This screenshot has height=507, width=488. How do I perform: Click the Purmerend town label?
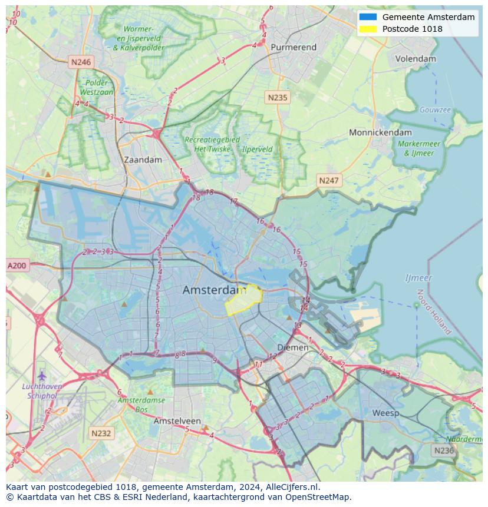pyautogui.click(x=293, y=47)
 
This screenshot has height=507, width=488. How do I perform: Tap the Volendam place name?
pyautogui.click(x=416, y=59)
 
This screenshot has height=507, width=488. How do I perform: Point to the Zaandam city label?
pyautogui.click(x=143, y=160)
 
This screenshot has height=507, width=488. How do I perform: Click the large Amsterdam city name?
pyautogui.click(x=214, y=290)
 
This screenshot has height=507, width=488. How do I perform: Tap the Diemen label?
pyautogui.click(x=293, y=347)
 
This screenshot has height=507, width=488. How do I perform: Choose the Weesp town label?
pyautogui.click(x=385, y=413)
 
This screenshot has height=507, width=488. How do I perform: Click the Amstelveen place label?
pyautogui.click(x=177, y=422)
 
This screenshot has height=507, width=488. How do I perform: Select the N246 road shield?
pyautogui.click(x=81, y=62)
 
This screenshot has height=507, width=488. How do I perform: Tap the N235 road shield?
pyautogui.click(x=277, y=98)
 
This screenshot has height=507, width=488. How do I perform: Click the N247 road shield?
pyautogui.click(x=328, y=180)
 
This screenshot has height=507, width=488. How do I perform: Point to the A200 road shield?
pyautogui.click(x=17, y=266)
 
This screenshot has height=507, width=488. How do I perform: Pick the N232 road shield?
pyautogui.click(x=101, y=433)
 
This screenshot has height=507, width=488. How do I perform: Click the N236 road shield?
pyautogui.click(x=443, y=450)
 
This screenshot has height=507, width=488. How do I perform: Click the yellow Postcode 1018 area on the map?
pyautogui.click(x=243, y=299)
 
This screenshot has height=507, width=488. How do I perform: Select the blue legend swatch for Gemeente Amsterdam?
pyautogui.click(x=368, y=17)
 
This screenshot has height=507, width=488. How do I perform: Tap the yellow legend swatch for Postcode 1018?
pyautogui.click(x=368, y=29)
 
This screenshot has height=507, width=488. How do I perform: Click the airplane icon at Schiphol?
pyautogui.click(x=41, y=375)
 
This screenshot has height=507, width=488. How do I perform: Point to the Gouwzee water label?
pyautogui.click(x=435, y=110)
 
